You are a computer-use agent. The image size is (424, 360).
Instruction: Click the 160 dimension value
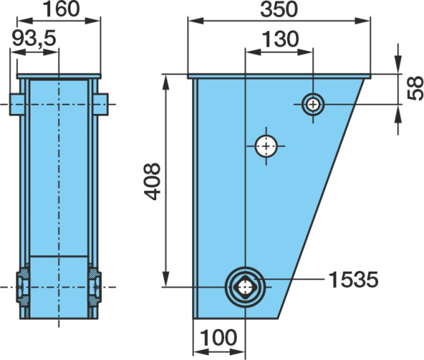tap(61, 9)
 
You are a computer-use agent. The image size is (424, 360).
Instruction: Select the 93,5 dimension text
tap(35, 38)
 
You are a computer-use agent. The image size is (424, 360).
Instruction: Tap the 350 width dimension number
tap(279, 9)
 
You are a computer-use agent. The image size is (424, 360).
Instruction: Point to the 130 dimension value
tap(281, 39)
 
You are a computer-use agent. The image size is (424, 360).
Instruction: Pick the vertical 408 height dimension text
tap(152, 181)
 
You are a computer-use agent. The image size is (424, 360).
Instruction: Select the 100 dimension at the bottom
tap(219, 337)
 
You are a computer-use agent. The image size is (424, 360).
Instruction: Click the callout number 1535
tap(353, 279)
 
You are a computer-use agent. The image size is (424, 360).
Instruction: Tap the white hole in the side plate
tap(266, 146)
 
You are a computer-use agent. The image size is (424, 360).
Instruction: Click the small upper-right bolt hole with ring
tap(313, 104)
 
